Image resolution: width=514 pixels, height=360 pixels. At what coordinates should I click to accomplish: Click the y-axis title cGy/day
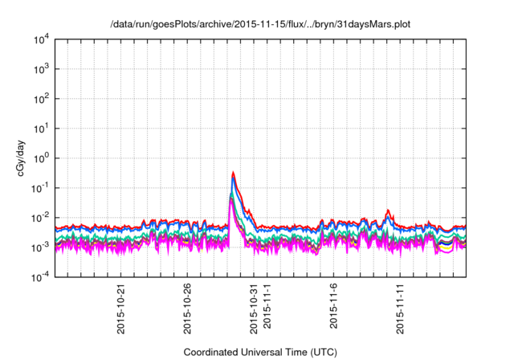pos(18,157)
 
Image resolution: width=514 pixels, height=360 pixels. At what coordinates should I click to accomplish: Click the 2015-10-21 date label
pos(121,305)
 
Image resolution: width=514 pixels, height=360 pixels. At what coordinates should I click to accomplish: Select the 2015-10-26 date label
pos(188,305)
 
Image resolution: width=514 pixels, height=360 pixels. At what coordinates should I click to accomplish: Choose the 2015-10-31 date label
pos(254,305)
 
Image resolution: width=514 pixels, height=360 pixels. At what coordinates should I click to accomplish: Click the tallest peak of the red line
pos(233,172)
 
